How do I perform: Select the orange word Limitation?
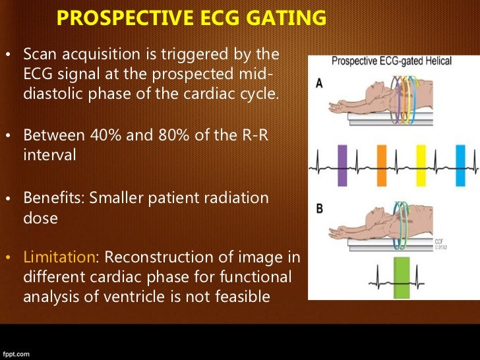pyautogui.click(x=59, y=256)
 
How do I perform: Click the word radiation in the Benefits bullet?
pyautogui.click(x=235, y=198)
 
